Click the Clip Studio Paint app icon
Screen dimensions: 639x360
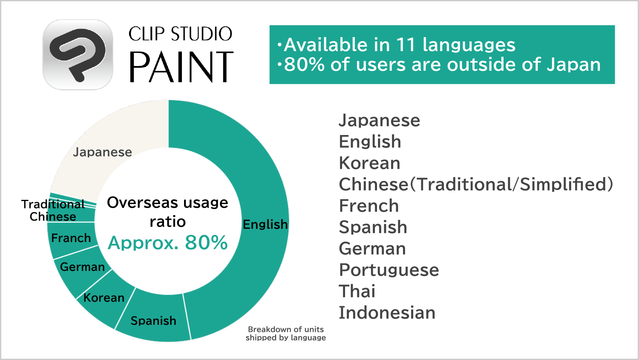tap(78, 55)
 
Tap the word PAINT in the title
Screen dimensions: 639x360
tap(181, 68)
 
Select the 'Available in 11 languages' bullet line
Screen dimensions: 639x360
tap(397, 45)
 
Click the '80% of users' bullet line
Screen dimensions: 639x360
tap(439, 64)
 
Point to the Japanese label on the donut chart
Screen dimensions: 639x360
tap(102, 152)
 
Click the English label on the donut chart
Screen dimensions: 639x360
tap(265, 225)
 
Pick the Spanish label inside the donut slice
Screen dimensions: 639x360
tap(153, 321)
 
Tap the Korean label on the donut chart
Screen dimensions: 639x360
tap(104, 298)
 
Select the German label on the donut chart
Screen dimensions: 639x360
tap(83, 267)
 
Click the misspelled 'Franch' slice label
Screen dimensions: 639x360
tap(71, 238)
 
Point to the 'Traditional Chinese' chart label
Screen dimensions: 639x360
tap(53, 210)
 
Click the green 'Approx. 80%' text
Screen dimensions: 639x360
tap(168, 243)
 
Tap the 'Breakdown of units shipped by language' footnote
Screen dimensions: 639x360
tap(285, 334)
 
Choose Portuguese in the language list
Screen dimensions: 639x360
tap(389, 270)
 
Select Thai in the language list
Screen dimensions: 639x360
tap(357, 291)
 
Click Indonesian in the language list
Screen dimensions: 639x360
tap(387, 313)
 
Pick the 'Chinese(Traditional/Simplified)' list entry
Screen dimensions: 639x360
tap(476, 184)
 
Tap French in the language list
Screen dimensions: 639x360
tap(369, 206)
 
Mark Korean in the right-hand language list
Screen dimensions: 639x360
tap(369, 163)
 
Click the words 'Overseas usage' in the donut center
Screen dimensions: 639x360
tap(168, 203)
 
